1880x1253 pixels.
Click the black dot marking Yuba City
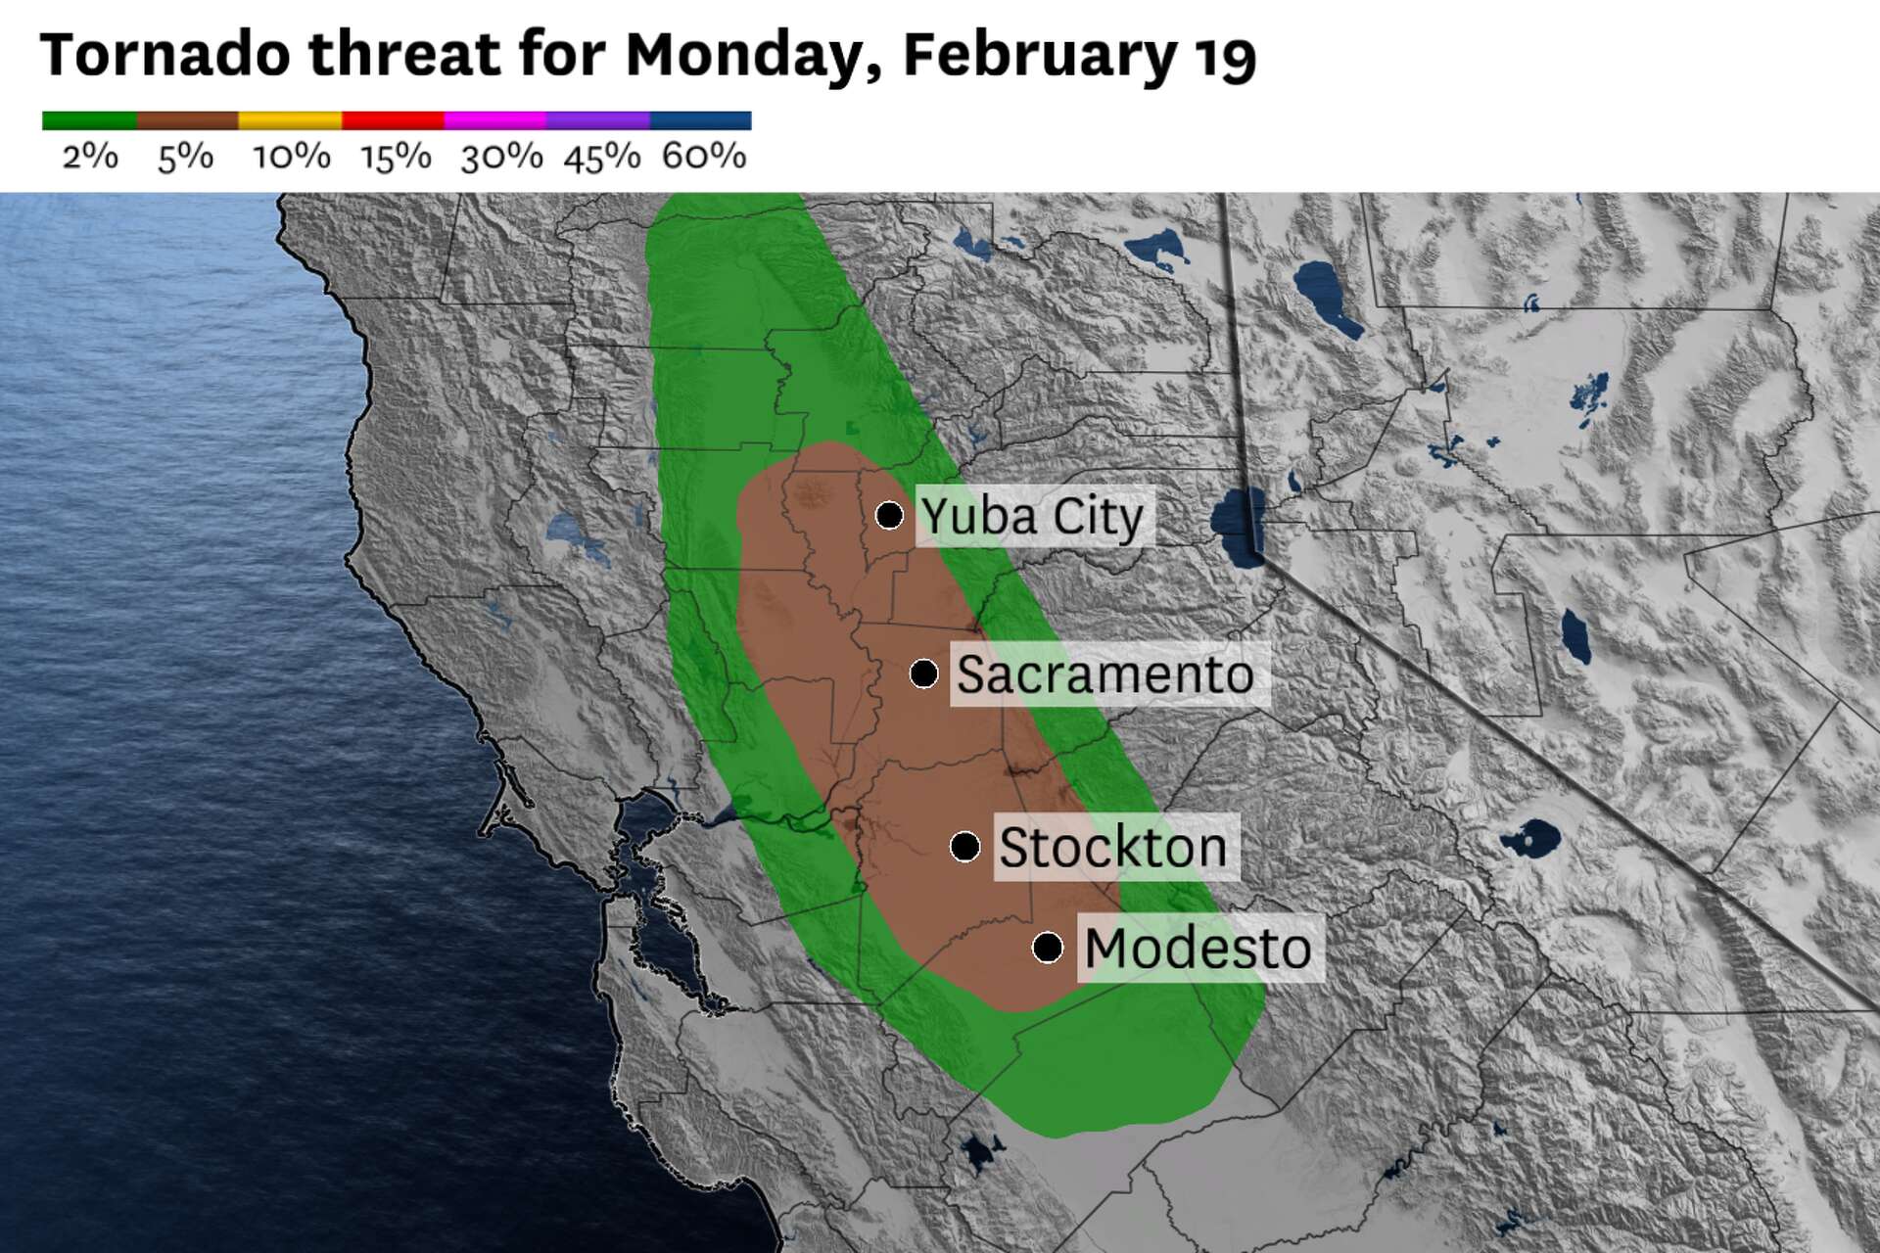coord(889,515)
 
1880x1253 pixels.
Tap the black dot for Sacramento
coord(923,673)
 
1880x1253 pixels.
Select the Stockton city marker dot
coord(965,847)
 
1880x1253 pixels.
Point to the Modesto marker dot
coord(1048,948)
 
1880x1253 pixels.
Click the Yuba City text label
coord(1032,517)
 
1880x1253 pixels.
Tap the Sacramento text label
coord(1105,674)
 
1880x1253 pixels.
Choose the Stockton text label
coord(1113,848)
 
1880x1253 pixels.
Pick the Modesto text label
coord(1198,949)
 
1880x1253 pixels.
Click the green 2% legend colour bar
coord(89,120)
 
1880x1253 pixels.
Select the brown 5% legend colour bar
coord(188,120)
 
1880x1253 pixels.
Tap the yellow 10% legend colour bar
coord(291,120)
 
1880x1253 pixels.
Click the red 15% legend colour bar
coord(393,120)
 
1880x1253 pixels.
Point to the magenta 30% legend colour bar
coord(495,120)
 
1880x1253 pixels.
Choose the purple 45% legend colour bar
coord(598,120)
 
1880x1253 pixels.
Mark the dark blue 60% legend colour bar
coord(701,120)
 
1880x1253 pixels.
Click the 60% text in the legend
coord(704,157)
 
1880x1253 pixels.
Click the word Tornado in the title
coord(164,55)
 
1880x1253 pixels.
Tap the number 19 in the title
coord(1224,57)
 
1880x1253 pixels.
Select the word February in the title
coord(1040,57)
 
